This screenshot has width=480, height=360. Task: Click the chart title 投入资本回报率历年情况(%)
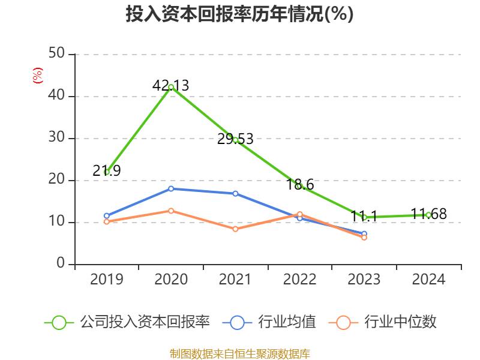[239, 14]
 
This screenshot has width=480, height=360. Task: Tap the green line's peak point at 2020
[171, 87]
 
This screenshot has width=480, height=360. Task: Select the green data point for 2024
[428, 215]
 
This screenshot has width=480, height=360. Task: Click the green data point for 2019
[107, 172]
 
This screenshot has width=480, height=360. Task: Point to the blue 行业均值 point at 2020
[171, 188]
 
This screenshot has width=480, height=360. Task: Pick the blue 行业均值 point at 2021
[235, 193]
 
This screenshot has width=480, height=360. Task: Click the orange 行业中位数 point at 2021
[235, 229]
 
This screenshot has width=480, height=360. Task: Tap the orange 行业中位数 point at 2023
[364, 238]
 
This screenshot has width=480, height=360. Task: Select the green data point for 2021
[235, 140]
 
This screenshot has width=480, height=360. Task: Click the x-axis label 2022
[299, 280]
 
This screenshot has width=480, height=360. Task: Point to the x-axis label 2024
[428, 280]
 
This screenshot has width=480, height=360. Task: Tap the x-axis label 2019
[107, 280]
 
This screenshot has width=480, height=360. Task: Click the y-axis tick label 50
[56, 54]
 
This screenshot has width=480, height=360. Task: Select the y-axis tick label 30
[56, 138]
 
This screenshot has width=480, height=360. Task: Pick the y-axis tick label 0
[61, 264]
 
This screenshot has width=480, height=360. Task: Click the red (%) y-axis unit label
[38, 76]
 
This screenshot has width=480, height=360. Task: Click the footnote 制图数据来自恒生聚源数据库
[239, 353]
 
